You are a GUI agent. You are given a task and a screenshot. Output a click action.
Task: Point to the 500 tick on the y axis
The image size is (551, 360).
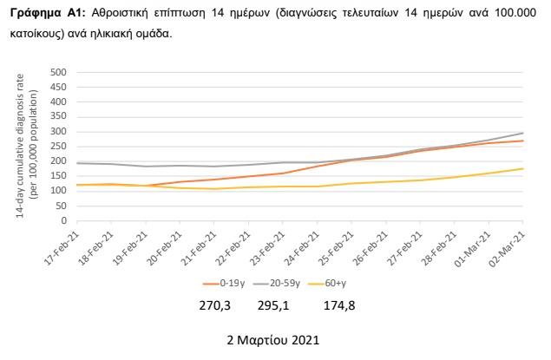point(57,72)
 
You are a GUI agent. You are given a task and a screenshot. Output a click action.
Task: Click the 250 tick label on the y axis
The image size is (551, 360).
point(57,146)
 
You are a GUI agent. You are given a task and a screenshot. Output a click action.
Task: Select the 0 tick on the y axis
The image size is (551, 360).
point(62,220)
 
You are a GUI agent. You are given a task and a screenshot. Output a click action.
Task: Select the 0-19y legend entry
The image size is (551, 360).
point(226,284)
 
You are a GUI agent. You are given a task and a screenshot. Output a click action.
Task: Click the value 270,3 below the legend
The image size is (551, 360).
point(218,305)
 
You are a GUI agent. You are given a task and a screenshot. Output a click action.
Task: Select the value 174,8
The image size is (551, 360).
point(338,305)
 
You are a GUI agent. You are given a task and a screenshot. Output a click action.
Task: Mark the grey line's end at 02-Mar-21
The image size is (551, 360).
point(523,133)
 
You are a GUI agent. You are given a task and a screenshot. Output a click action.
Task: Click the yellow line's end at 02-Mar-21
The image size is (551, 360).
point(523,168)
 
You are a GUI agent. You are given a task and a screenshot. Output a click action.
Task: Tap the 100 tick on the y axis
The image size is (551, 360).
point(57,191)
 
